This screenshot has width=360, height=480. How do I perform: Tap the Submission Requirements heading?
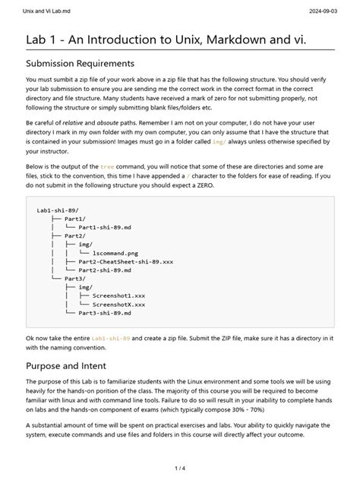(x=80, y=63)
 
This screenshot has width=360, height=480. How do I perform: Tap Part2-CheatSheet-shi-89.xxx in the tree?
(x=125, y=261)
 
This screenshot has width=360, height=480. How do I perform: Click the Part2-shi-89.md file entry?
(x=105, y=270)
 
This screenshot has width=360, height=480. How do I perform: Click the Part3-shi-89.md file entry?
(x=105, y=312)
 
